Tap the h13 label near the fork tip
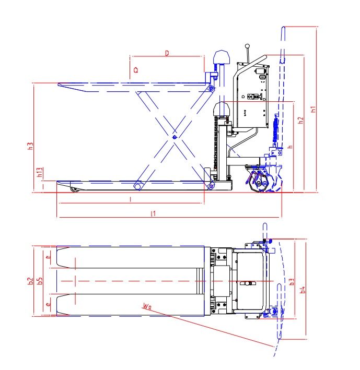click(40, 172)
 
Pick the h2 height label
click(300, 120)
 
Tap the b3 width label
click(291, 282)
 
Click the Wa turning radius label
click(146, 306)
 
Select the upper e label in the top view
click(48, 257)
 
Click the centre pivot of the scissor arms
click(174, 137)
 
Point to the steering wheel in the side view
click(261, 182)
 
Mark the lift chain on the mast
click(214, 144)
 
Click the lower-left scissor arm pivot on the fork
click(138, 185)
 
